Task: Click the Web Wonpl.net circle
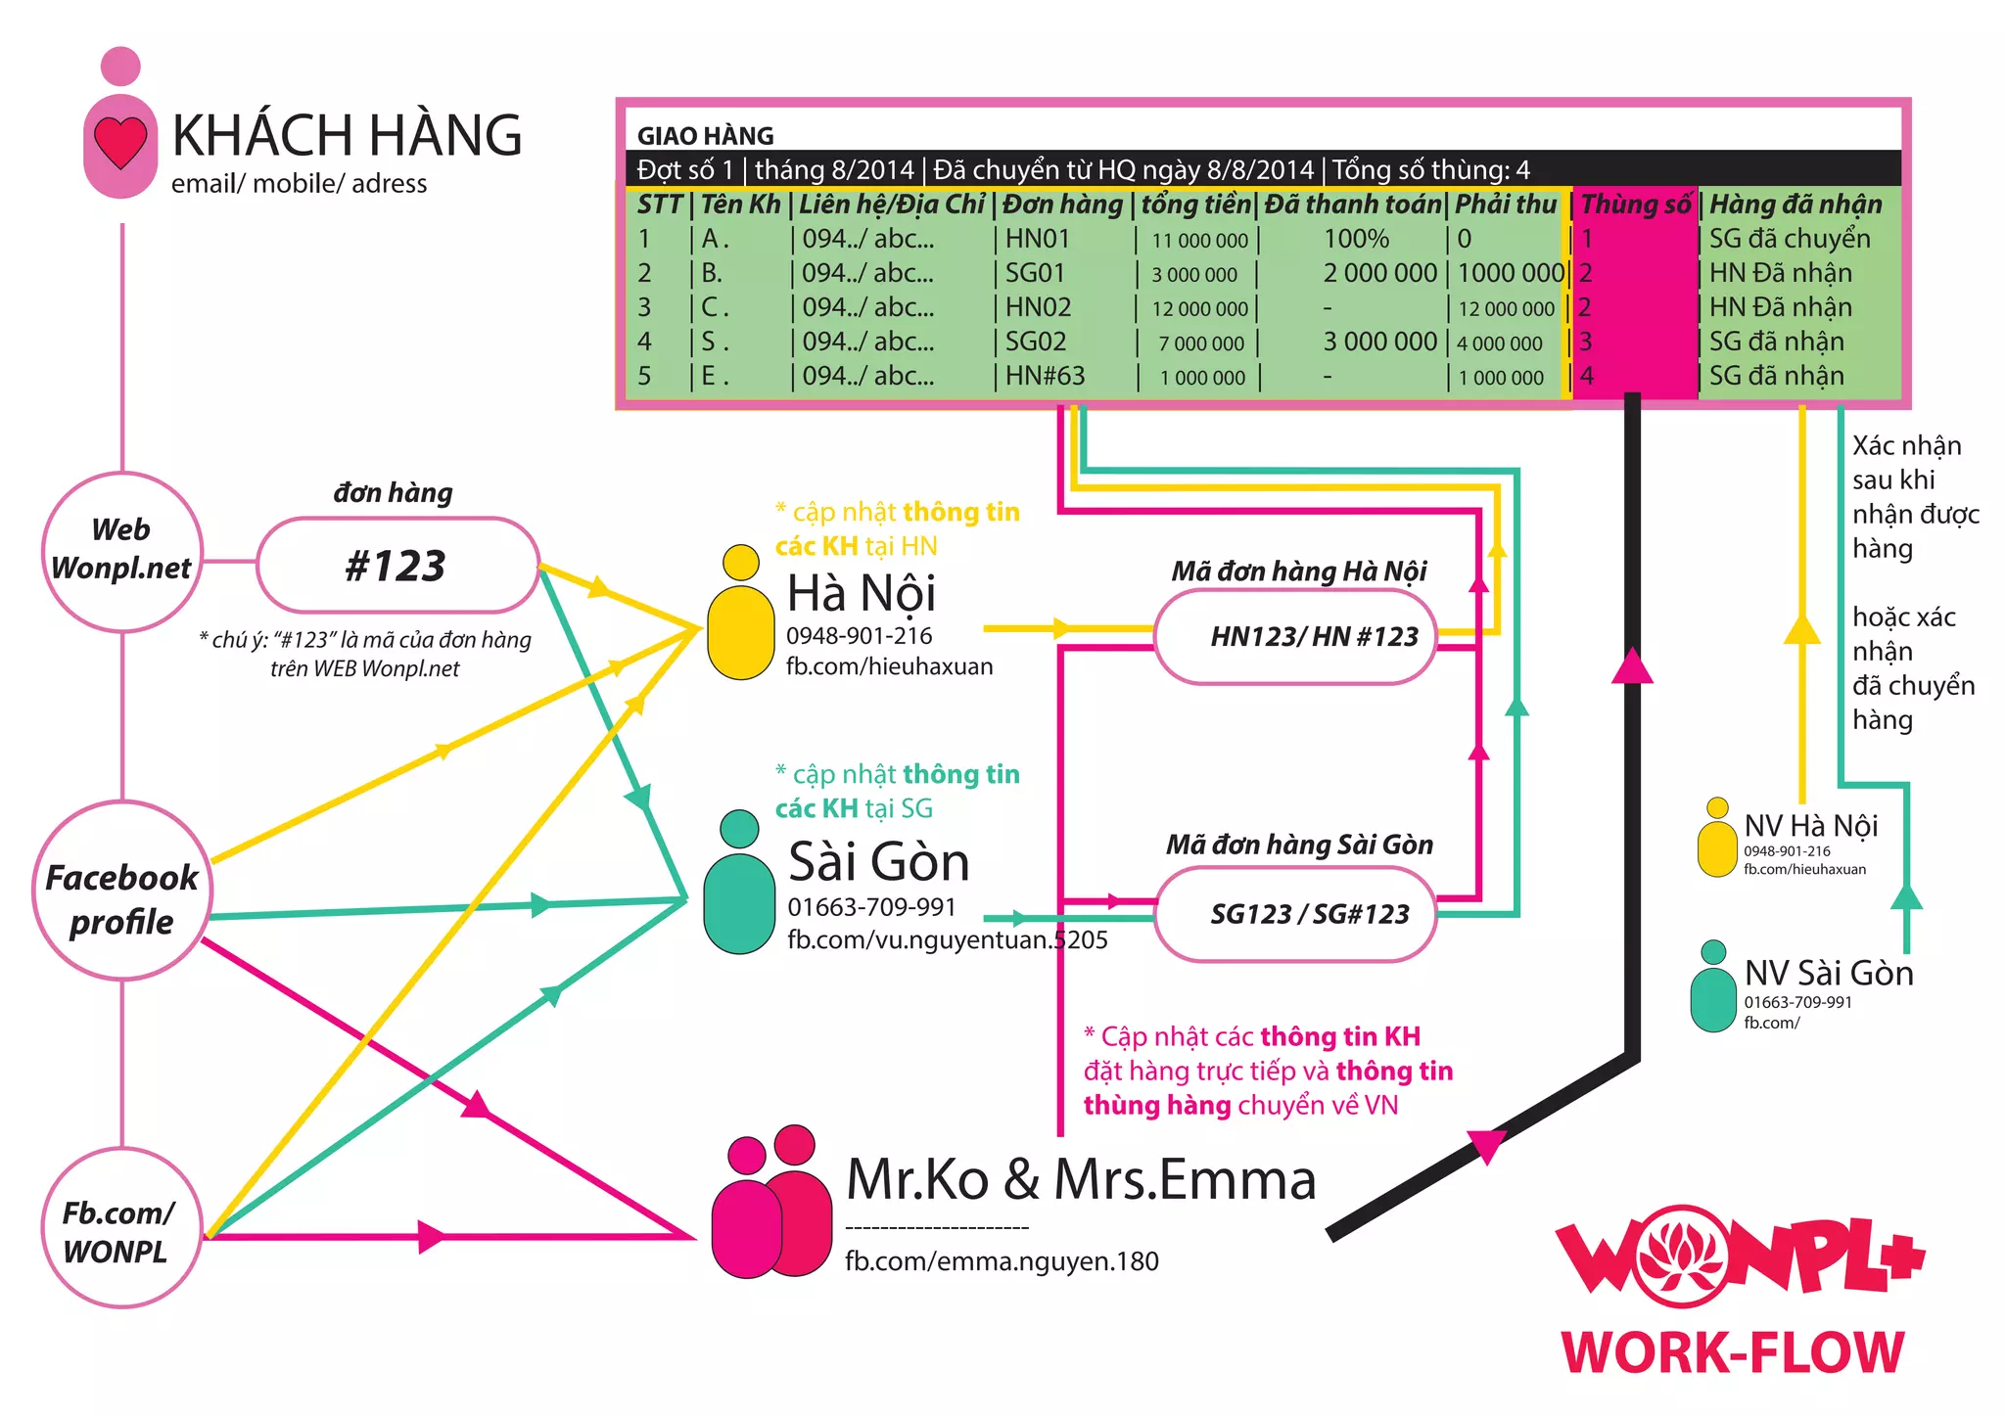click(x=121, y=550)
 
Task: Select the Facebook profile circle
click(x=121, y=891)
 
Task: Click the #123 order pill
click(x=396, y=566)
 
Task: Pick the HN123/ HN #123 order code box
click(x=1295, y=637)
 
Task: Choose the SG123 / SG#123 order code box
click(x=1295, y=914)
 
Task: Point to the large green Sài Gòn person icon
click(x=739, y=885)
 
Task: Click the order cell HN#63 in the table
click(x=1045, y=376)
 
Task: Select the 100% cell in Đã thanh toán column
click(x=1356, y=239)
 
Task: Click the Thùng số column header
click(x=1635, y=205)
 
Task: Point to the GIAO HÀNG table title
click(x=705, y=136)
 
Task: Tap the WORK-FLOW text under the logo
click(x=1732, y=1353)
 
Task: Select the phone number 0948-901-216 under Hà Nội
click(x=859, y=636)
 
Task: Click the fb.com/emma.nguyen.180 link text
click(x=1002, y=1261)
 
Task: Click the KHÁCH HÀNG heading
click(x=347, y=135)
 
